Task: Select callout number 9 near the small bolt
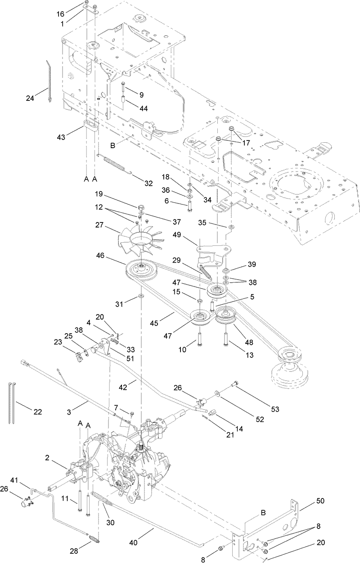[141, 95]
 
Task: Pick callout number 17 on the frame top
[246, 143]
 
